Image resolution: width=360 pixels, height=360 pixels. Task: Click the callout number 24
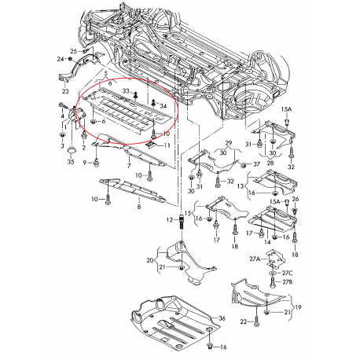(x=59, y=59)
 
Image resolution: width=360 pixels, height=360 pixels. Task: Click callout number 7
(x=129, y=168)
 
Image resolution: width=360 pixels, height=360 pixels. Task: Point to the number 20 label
(x=150, y=260)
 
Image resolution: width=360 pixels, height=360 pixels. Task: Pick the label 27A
(x=255, y=259)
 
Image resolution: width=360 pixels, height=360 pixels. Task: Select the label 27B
(x=288, y=281)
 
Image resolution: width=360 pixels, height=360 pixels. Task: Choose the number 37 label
(x=255, y=164)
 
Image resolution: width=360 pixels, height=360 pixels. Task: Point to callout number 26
(x=296, y=200)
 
